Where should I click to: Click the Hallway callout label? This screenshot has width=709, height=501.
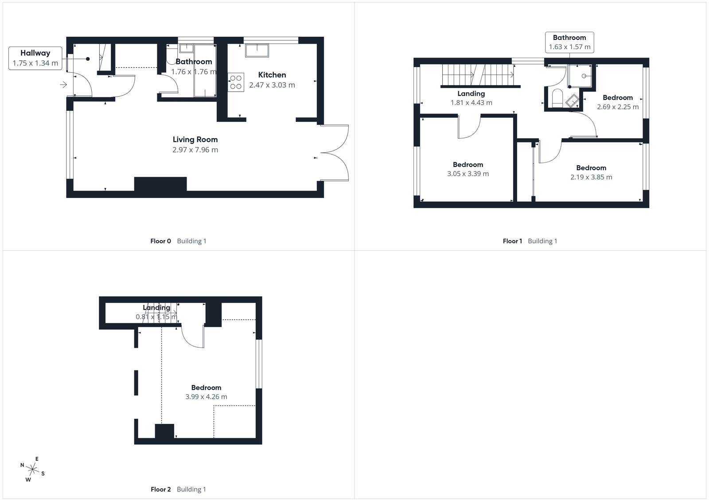(x=35, y=58)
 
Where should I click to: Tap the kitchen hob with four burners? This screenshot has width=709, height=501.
(x=236, y=82)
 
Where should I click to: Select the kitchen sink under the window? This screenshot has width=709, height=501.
(x=257, y=50)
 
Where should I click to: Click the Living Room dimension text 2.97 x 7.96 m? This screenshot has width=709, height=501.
(x=195, y=150)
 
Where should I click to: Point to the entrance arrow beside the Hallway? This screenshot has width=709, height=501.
(x=63, y=85)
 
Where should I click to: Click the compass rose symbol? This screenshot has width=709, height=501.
(x=32, y=469)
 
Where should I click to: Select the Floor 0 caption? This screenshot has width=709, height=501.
(x=160, y=241)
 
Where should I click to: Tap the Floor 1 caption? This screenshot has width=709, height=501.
(x=512, y=241)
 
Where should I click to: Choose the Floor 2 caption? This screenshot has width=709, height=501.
(x=160, y=489)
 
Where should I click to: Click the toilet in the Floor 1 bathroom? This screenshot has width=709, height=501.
(x=557, y=97)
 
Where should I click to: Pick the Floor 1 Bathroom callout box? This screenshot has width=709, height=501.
(x=569, y=42)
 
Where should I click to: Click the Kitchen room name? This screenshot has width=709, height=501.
(x=272, y=75)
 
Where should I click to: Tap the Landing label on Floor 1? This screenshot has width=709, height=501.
(x=471, y=93)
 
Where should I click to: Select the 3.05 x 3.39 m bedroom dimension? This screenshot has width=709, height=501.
(x=468, y=174)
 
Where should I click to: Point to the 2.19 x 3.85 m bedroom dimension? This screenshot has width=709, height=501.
(x=591, y=177)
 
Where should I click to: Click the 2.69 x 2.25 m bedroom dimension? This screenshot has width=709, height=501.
(x=618, y=107)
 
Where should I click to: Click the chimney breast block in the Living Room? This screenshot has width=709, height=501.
(x=160, y=184)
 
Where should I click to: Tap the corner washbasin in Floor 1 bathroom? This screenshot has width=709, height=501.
(x=572, y=101)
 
